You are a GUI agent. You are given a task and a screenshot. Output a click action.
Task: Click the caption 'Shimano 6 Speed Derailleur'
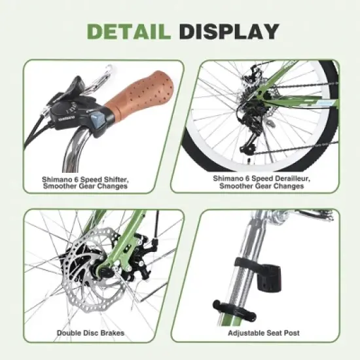[x=259, y=177]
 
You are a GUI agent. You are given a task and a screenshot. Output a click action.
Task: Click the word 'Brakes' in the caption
[x=111, y=333]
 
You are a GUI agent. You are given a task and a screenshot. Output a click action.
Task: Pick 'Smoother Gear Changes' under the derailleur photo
[x=259, y=185]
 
